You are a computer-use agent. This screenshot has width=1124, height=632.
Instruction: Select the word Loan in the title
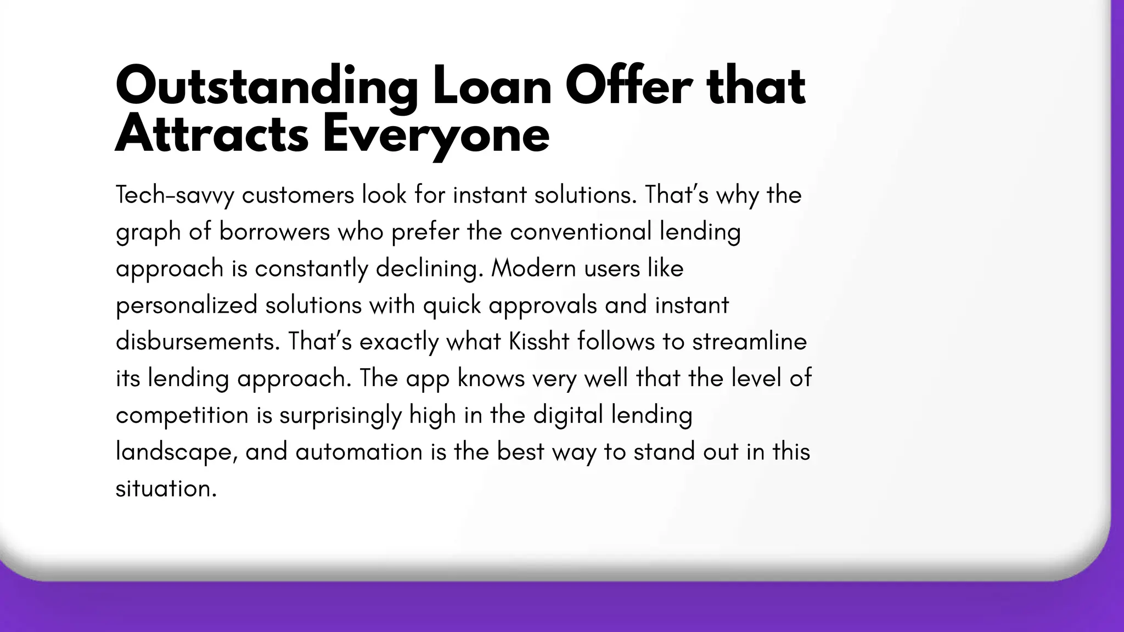coord(492,87)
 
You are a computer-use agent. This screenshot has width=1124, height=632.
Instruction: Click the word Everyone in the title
coord(436,136)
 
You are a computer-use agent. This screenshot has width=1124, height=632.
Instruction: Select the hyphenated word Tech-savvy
coord(175,195)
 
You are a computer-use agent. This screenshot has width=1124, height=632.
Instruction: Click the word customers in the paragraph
coord(298,195)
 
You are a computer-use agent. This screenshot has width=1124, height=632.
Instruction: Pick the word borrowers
coord(274,232)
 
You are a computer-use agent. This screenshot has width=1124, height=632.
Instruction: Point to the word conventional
coord(581,232)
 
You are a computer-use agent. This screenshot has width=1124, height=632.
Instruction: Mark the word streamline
coord(749,342)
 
